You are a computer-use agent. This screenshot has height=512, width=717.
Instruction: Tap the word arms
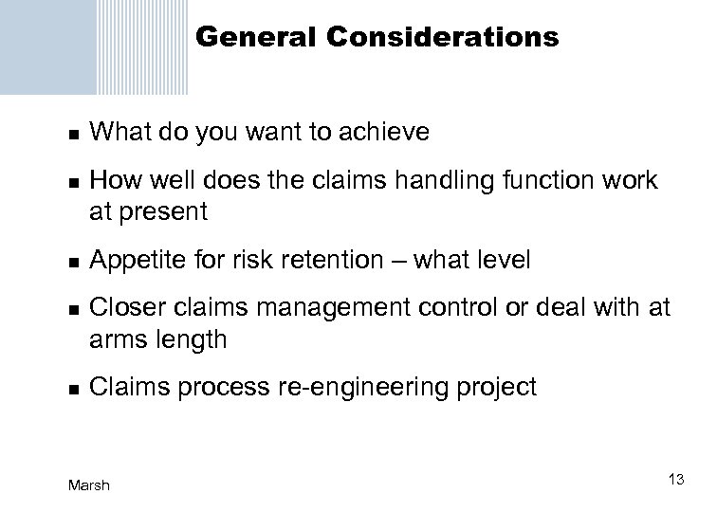[116, 339]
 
